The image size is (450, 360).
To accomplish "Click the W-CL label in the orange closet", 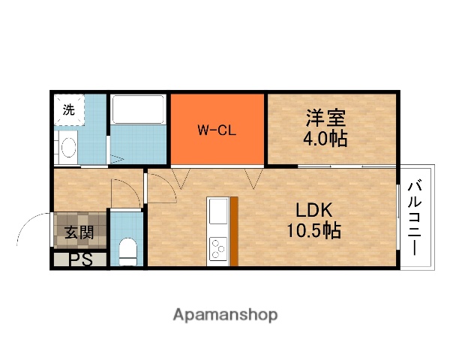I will pyautogui.click(x=217, y=130).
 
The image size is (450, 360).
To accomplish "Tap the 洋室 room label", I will pyautogui.click(x=325, y=118).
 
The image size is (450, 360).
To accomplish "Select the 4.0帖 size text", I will pyautogui.click(x=325, y=139).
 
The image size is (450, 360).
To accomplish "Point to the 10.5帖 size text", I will pyautogui.click(x=313, y=231).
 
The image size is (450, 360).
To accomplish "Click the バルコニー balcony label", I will pyautogui.click(x=415, y=217).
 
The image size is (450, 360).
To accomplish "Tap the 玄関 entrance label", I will pyautogui.click(x=79, y=232).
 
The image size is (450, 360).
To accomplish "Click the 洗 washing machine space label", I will pyautogui.click(x=68, y=109).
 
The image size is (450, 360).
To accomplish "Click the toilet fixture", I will pyautogui.click(x=128, y=250).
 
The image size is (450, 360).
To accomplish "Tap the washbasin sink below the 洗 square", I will pyautogui.click(x=67, y=147).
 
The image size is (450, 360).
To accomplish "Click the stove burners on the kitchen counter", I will pyautogui.click(x=218, y=247).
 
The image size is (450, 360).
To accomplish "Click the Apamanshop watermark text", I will pyautogui.click(x=225, y=314).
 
